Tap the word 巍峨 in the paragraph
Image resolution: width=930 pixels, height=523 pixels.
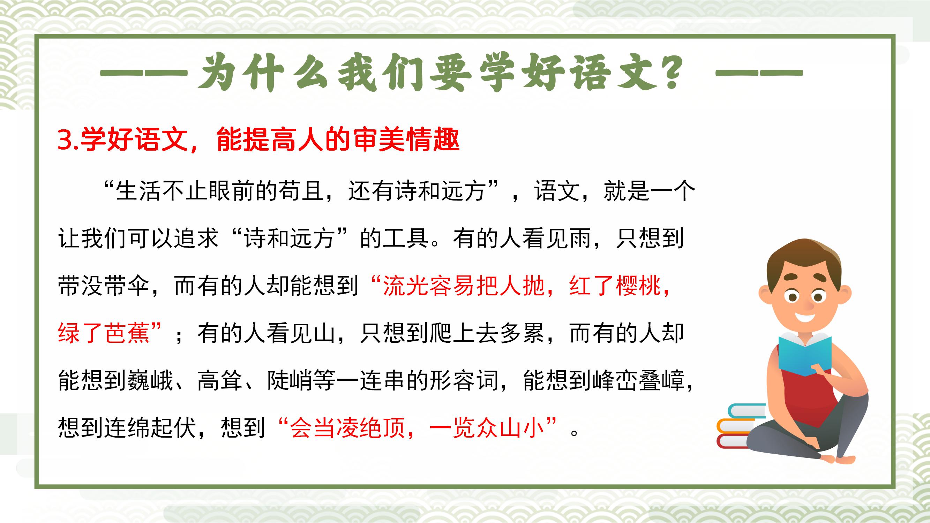tap(151, 380)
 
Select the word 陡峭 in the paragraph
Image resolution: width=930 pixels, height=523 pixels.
tap(290, 380)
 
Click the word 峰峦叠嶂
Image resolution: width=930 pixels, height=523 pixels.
tap(639, 380)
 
